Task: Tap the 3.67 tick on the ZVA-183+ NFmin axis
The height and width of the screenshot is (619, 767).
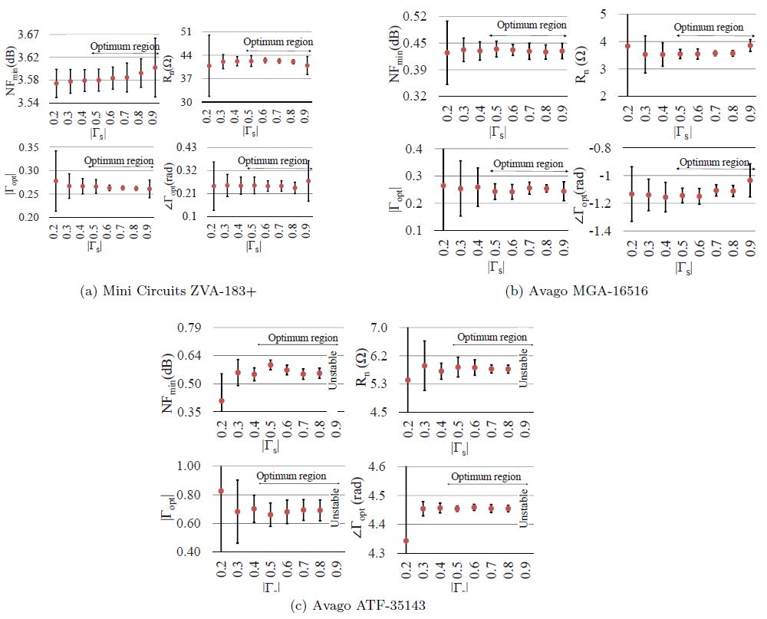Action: tap(27, 34)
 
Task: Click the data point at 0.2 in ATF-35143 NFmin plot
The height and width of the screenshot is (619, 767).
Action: tap(222, 400)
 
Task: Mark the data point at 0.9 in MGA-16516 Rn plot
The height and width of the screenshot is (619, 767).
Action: tap(750, 45)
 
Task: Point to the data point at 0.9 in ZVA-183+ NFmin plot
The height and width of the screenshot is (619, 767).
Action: tap(155, 67)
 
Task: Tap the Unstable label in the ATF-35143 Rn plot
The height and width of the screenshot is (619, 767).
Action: tap(525, 367)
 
